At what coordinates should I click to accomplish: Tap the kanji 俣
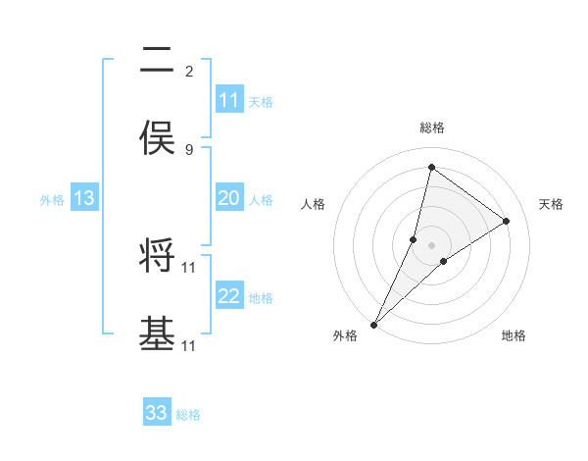[x=157, y=138]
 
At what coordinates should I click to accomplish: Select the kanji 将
[x=157, y=256]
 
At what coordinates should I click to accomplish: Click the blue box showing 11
[x=229, y=100]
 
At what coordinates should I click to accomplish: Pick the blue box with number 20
[x=229, y=198]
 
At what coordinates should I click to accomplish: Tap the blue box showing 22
[x=229, y=296]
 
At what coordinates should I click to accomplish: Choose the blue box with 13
[x=84, y=198]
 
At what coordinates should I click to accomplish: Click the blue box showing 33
[x=157, y=413]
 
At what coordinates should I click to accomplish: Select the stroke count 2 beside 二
[x=189, y=71]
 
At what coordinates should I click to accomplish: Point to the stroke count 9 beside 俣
[x=189, y=149]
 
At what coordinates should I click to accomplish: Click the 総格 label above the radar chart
[x=431, y=128]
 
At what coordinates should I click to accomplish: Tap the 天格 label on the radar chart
[x=551, y=204]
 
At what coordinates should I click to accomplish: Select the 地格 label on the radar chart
[x=514, y=335]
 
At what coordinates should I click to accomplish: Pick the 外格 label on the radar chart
[x=345, y=335]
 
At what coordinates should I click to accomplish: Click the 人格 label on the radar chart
[x=313, y=204]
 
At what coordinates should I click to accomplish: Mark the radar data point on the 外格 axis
[x=374, y=324]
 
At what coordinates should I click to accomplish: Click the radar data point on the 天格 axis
[x=507, y=221]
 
